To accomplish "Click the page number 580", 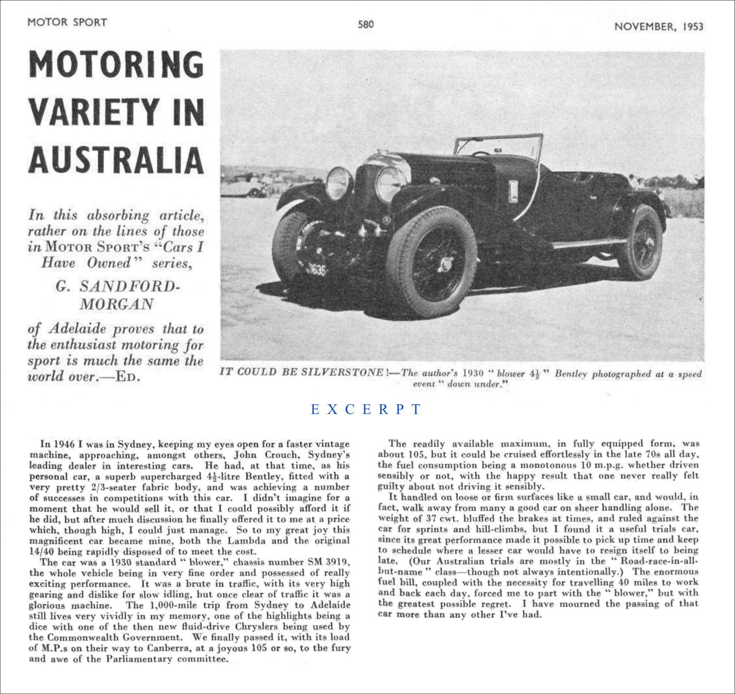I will (366, 25).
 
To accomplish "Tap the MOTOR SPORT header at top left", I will (67, 22).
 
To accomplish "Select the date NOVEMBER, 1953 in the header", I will (659, 27).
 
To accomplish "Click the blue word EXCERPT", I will (366, 409).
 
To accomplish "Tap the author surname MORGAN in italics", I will (116, 304).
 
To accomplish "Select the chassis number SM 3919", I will (328, 562).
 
